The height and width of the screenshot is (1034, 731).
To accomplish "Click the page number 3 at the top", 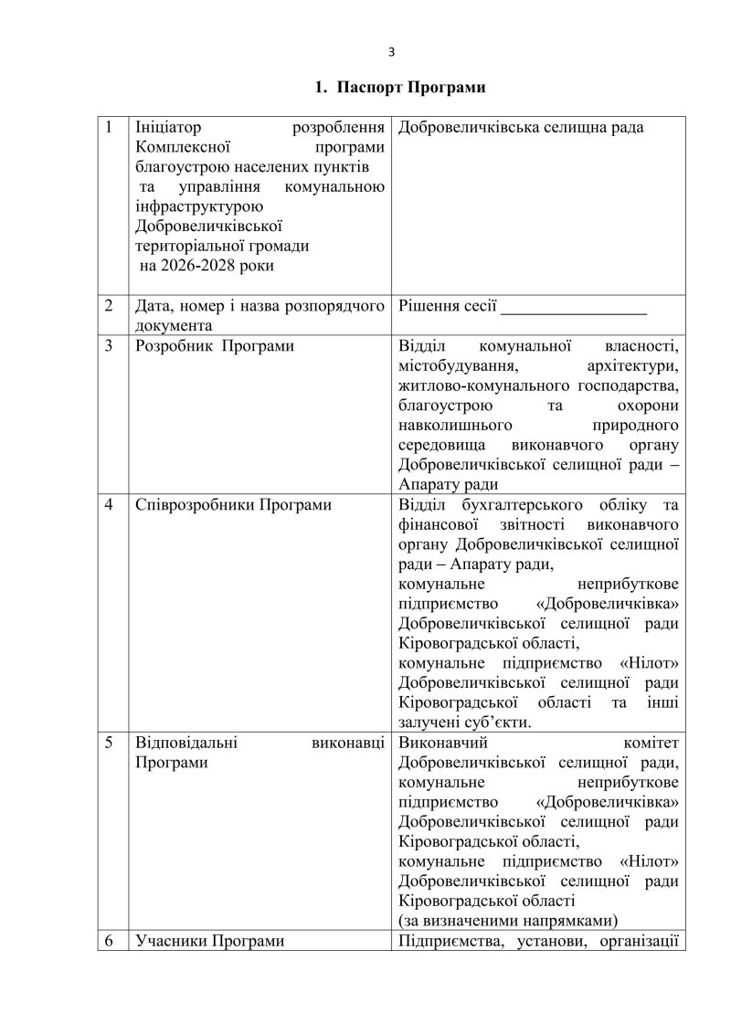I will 391,51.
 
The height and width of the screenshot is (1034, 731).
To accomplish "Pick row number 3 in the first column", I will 111,346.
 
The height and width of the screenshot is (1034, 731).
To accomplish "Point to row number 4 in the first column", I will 111,505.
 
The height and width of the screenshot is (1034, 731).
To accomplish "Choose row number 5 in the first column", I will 111,742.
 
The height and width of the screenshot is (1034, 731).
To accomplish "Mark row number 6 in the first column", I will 111,941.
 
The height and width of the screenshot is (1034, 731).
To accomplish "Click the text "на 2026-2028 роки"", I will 207,266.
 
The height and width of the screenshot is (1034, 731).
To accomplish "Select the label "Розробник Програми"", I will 201,346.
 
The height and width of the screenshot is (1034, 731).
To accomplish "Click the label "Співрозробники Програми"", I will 232,505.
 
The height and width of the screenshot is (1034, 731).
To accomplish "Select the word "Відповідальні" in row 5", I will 185,742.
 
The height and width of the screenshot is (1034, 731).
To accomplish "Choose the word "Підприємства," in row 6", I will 449,941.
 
